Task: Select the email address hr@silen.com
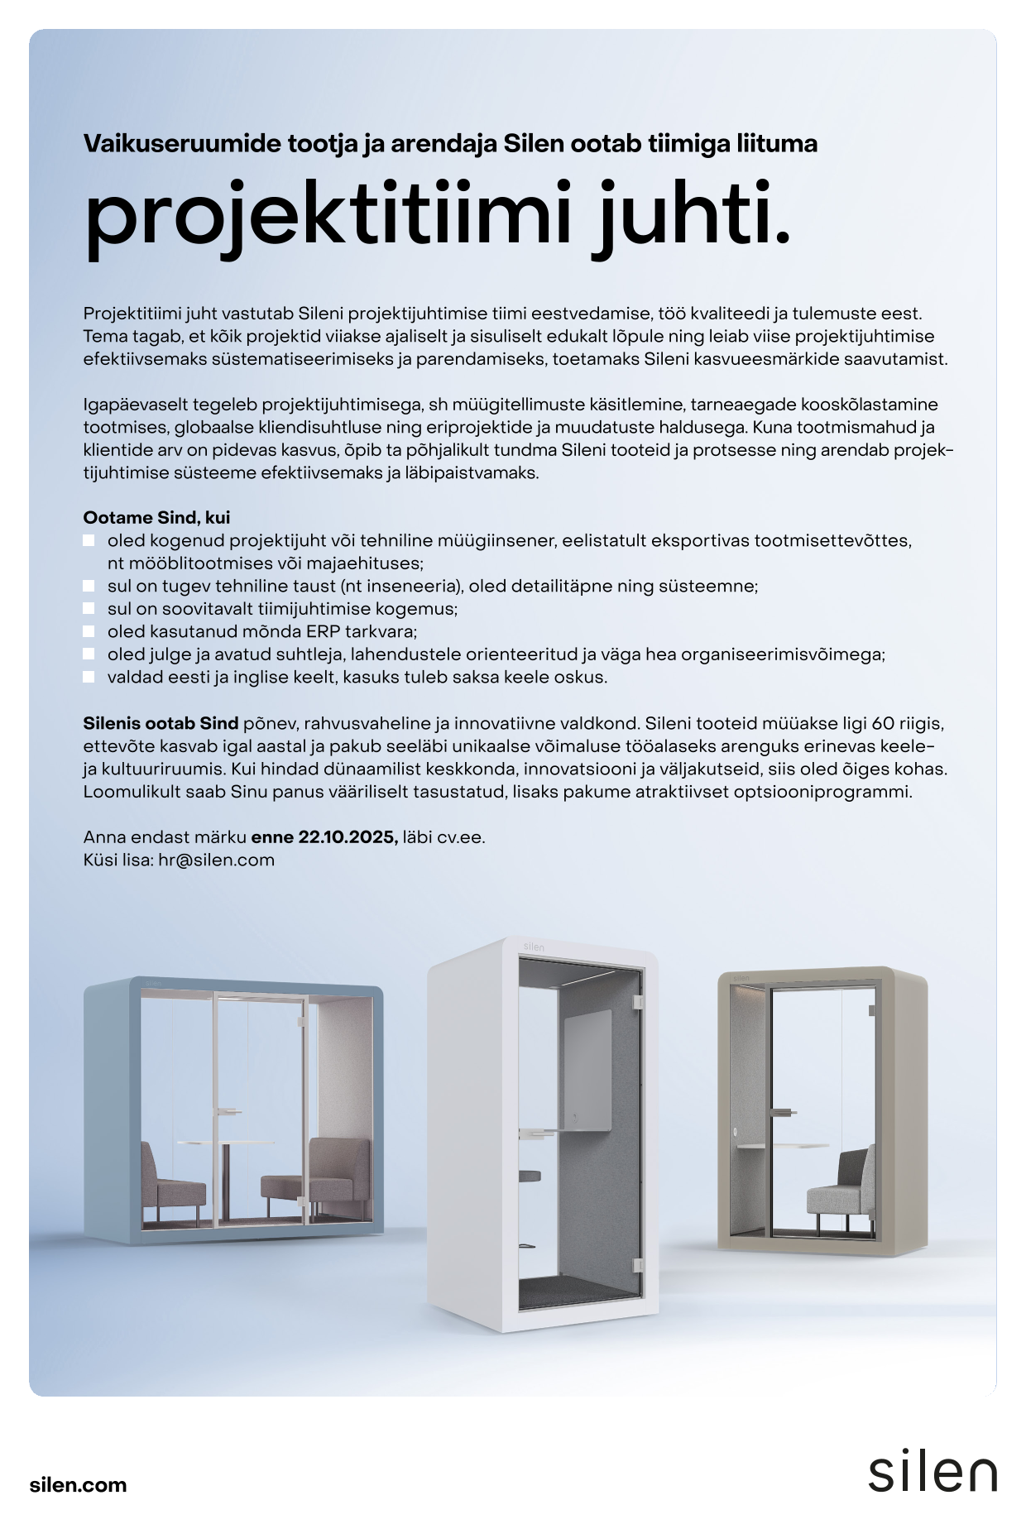click(216, 860)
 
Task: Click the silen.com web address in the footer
click(78, 1484)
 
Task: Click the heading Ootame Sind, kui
click(156, 518)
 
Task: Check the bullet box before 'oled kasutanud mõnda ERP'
click(89, 631)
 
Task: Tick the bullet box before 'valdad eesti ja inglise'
click(89, 677)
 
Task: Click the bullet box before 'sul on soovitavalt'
click(89, 609)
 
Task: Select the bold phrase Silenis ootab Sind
click(161, 723)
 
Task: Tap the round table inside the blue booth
click(225, 1143)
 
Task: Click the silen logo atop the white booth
click(535, 947)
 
